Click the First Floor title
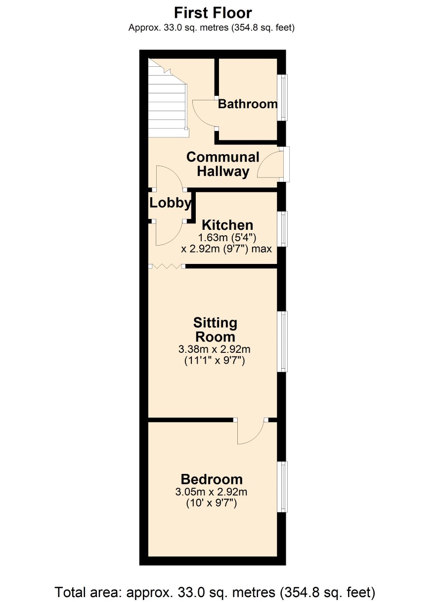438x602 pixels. click(x=213, y=13)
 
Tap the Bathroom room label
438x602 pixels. click(x=248, y=104)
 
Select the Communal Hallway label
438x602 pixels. click(x=223, y=164)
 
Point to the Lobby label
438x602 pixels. click(x=171, y=203)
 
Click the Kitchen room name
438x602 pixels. click(x=227, y=225)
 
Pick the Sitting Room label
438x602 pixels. click(x=215, y=330)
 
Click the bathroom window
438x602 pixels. click(x=283, y=97)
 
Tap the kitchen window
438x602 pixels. click(x=283, y=229)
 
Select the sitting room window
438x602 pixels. click(x=283, y=342)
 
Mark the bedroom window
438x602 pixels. click(x=283, y=487)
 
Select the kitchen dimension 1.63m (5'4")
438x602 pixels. click(x=227, y=238)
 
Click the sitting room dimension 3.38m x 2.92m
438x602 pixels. click(x=215, y=349)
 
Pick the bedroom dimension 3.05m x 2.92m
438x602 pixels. click(x=211, y=492)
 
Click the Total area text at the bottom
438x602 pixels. click(x=215, y=592)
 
